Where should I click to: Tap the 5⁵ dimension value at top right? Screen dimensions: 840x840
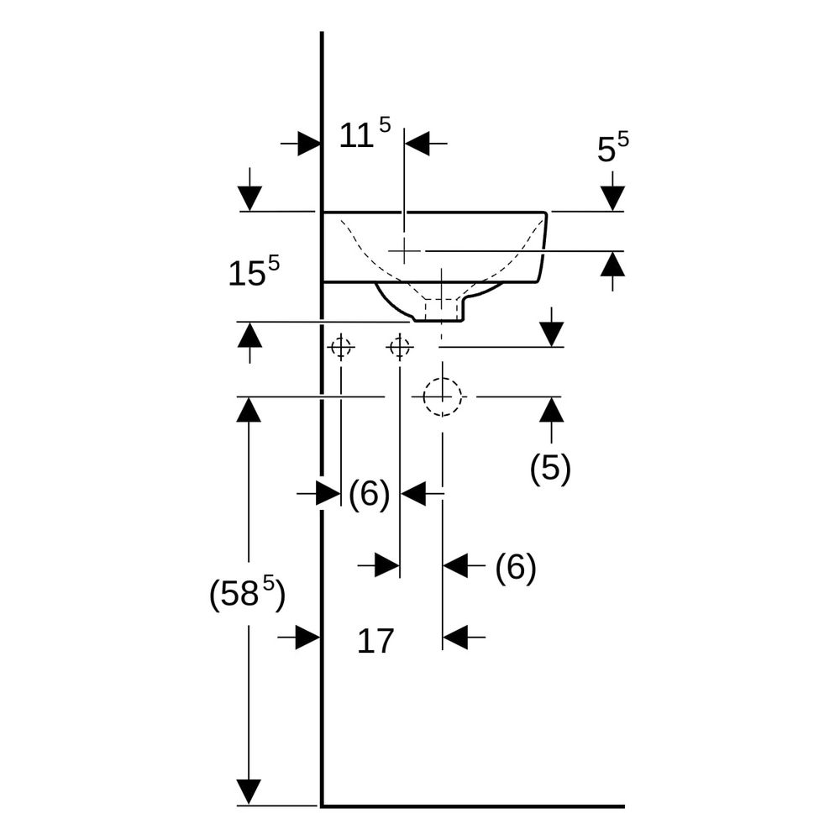tap(613, 148)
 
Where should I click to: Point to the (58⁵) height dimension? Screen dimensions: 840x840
tap(247, 593)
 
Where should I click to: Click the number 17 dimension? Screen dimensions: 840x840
tap(375, 641)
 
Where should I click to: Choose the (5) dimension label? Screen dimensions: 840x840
tap(550, 468)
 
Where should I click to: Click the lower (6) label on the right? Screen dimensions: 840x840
tap(516, 567)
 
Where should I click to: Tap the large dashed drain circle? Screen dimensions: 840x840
tap(443, 378)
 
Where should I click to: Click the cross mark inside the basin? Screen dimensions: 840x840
tap(405, 250)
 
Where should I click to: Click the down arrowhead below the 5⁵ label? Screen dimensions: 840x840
tap(613, 198)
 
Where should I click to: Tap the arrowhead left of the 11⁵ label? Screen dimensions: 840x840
tap(309, 144)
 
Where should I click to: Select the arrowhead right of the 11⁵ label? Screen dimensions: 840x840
tap(417, 144)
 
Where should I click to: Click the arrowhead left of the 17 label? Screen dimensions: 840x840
tap(308, 638)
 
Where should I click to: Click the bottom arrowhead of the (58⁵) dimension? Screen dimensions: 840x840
tap(249, 792)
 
